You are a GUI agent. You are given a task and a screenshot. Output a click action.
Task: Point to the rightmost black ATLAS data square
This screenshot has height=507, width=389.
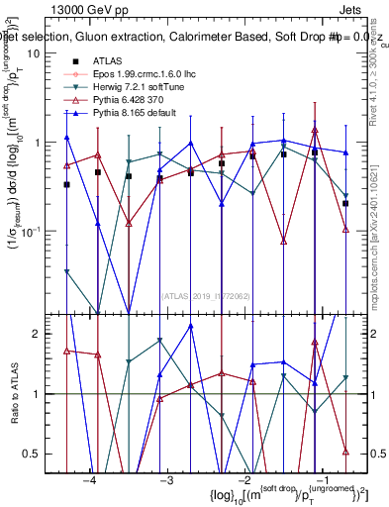[x=345, y=203]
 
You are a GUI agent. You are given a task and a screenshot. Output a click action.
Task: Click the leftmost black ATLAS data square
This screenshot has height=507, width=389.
[x=66, y=184]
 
